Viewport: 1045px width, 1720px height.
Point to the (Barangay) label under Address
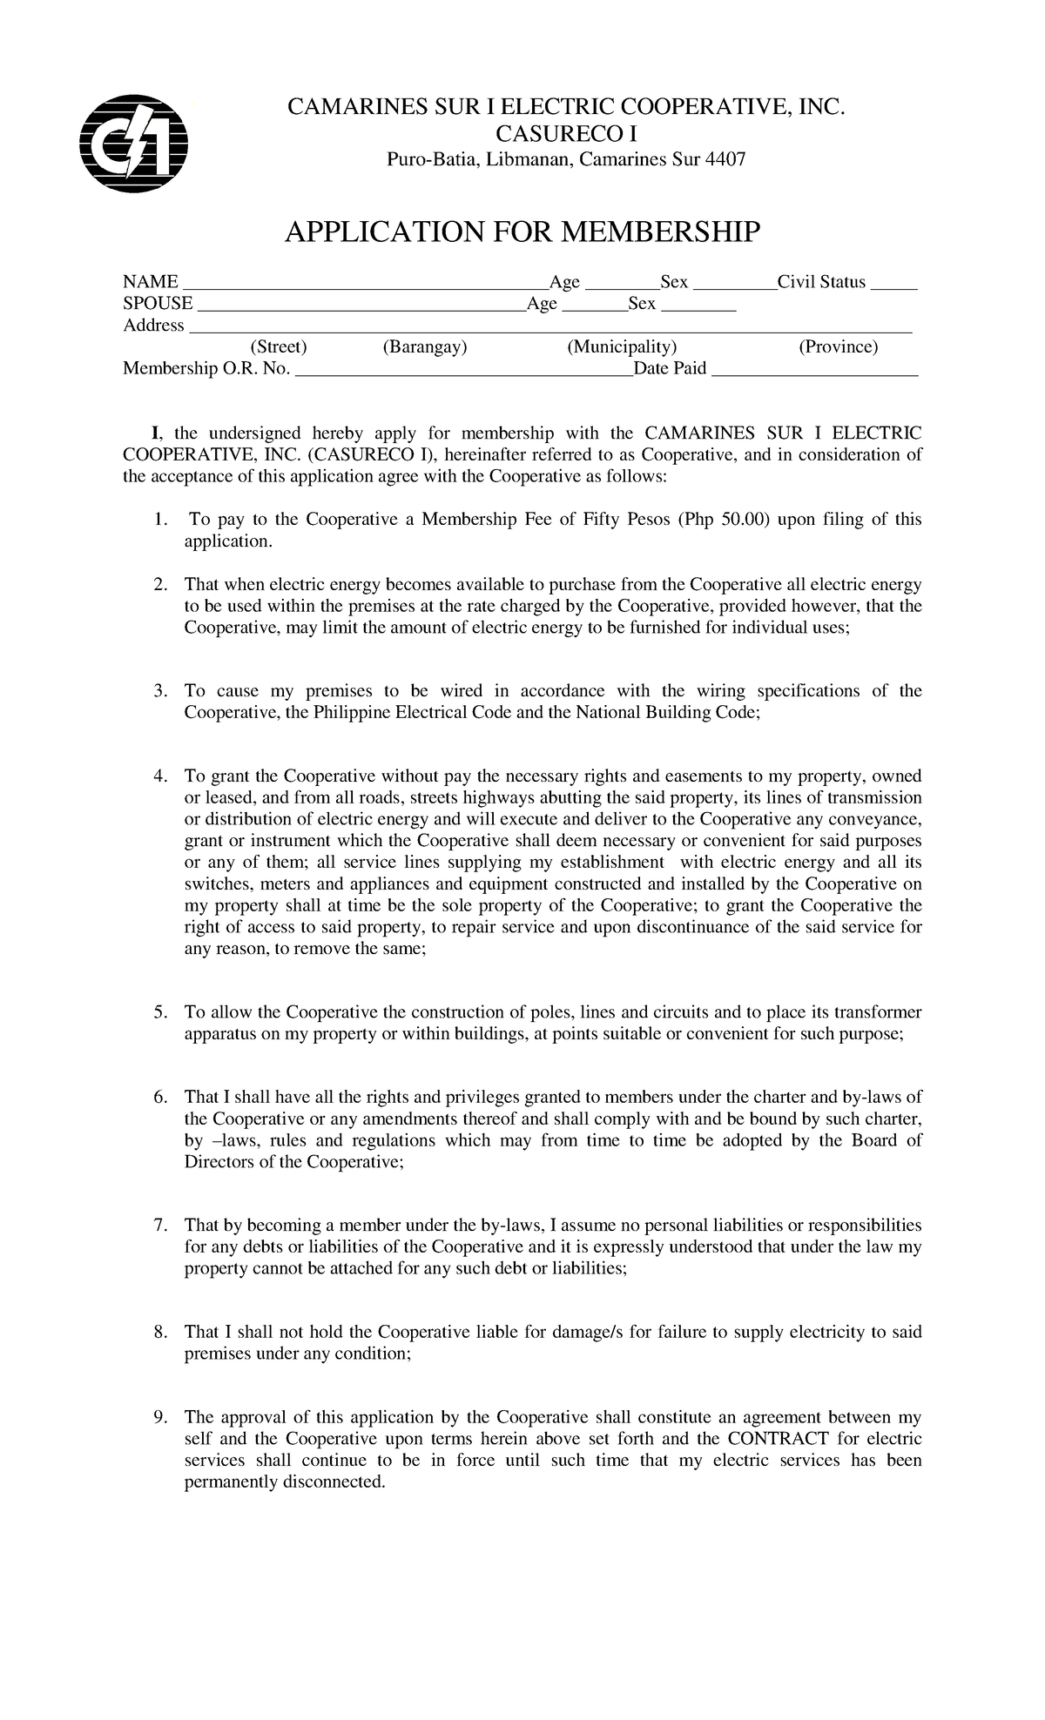coord(425,347)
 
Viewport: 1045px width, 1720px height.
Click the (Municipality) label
coord(622,347)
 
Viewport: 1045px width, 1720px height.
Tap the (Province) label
coord(839,347)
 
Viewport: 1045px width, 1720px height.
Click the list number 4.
coord(159,776)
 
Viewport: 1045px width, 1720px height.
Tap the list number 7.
coord(159,1226)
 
